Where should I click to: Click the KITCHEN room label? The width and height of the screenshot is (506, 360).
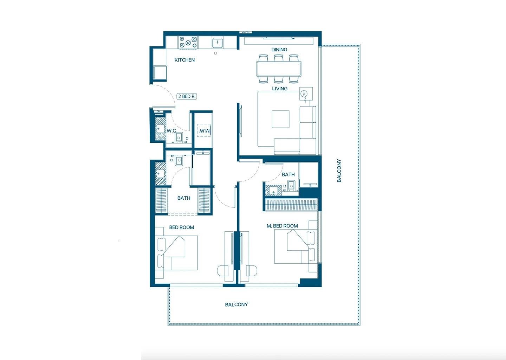(x=184, y=60)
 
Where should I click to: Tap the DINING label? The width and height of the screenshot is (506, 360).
(x=279, y=50)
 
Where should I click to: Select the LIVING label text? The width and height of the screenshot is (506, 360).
(x=279, y=89)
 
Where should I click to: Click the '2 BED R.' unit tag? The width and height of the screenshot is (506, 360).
(x=187, y=96)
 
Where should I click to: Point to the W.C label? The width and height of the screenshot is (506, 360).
(x=171, y=131)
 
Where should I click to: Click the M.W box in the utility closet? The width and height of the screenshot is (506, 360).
(x=204, y=131)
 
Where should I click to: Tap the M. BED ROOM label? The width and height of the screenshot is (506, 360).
(x=282, y=226)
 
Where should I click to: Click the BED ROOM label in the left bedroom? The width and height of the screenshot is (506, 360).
(x=181, y=227)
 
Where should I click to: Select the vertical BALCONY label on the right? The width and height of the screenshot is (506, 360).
(x=339, y=171)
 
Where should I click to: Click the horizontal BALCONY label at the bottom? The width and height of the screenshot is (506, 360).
(x=236, y=304)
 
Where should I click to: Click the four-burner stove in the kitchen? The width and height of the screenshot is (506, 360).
(x=188, y=43)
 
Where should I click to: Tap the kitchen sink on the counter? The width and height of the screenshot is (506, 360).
(x=218, y=43)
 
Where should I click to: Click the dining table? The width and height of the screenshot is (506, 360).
(x=279, y=69)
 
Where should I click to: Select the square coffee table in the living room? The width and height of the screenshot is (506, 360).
(x=280, y=119)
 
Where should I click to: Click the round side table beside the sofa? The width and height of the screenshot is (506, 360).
(x=304, y=94)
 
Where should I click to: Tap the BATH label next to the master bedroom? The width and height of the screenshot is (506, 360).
(x=288, y=174)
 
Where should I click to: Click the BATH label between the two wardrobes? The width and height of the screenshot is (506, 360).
(x=183, y=198)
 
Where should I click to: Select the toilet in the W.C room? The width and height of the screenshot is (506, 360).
(x=179, y=137)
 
